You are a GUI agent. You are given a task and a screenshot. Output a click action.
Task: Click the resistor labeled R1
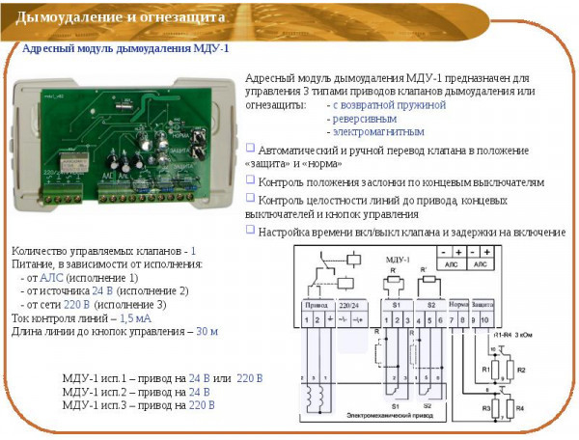pyautogui.click(x=486, y=370)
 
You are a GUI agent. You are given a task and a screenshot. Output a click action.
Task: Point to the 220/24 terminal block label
pyautogui.click(x=349, y=304)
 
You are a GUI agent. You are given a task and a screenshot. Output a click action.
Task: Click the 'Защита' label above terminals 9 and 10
pyautogui.click(x=482, y=304)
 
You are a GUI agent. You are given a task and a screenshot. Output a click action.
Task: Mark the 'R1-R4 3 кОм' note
pyautogui.click(x=514, y=334)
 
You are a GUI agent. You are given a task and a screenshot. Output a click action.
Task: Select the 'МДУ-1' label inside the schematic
pyautogui.click(x=398, y=261)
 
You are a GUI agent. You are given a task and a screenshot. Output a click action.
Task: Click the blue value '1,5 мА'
pyautogui.click(x=136, y=317)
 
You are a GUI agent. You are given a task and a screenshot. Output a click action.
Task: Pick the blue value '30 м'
pyautogui.click(x=207, y=331)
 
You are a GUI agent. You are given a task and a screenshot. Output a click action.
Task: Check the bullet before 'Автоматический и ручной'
pyautogui.click(x=250, y=148)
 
